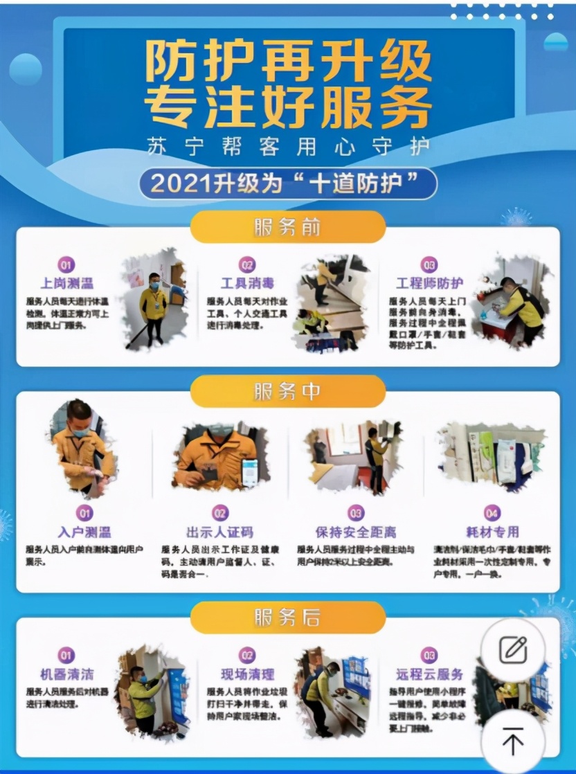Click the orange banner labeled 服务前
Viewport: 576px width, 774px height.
pyautogui.click(x=287, y=227)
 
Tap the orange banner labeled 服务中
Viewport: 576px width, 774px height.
pyautogui.click(x=287, y=392)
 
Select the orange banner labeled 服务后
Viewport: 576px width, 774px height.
pyautogui.click(x=287, y=618)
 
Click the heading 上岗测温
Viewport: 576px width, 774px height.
pyautogui.click(x=66, y=283)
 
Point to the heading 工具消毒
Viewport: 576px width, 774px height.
pyautogui.click(x=247, y=283)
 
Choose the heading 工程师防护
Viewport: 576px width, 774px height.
pyautogui.click(x=430, y=283)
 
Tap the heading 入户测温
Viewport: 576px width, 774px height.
pyautogui.click(x=84, y=532)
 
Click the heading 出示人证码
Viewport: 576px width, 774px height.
pyautogui.click(x=219, y=532)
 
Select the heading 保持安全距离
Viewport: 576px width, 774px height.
pyautogui.click(x=356, y=532)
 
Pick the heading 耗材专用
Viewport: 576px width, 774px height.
pyautogui.click(x=492, y=532)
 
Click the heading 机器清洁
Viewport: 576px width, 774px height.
pyautogui.click(x=66, y=674)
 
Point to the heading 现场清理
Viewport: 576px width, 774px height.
pyautogui.click(x=247, y=674)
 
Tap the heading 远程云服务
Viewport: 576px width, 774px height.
pyautogui.click(x=430, y=674)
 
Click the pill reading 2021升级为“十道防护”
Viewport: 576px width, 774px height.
pyautogui.click(x=287, y=183)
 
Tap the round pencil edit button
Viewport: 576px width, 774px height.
pyautogui.click(x=513, y=649)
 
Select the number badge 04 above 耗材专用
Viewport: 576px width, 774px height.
pyautogui.click(x=492, y=513)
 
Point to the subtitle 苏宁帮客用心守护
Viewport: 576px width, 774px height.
pyautogui.click(x=287, y=145)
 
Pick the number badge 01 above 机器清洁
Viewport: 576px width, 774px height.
pyautogui.click(x=66, y=655)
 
